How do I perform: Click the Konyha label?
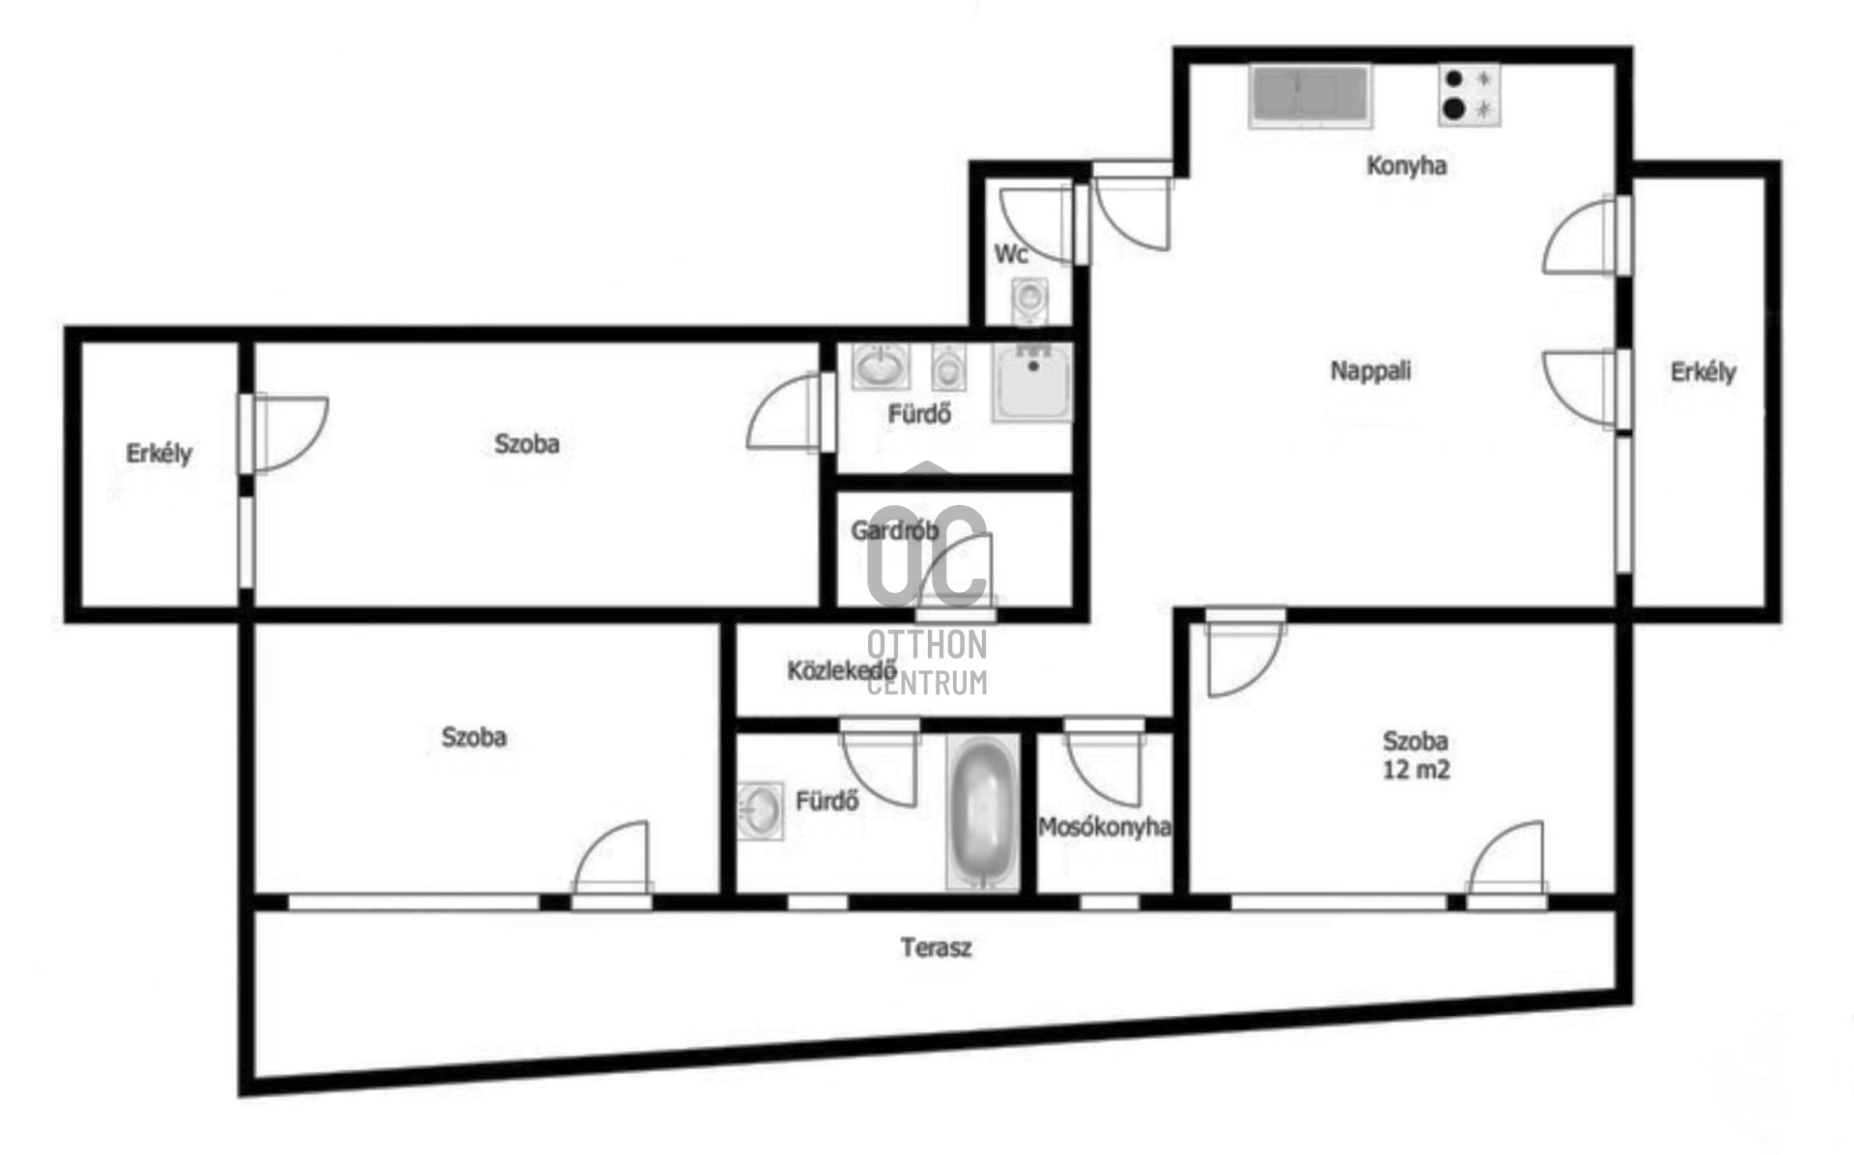tap(1406, 166)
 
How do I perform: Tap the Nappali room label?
tap(1370, 371)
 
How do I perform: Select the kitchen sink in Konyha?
tap(1308, 96)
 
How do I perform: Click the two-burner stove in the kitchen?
tap(1468, 95)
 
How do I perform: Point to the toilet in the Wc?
tap(1029, 299)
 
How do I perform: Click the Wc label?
tap(1011, 254)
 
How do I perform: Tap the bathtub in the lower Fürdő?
tap(983, 812)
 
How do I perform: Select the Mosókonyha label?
tap(1105, 828)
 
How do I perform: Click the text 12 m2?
tap(1416, 771)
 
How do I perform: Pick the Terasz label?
tap(936, 947)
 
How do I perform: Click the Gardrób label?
tap(894, 530)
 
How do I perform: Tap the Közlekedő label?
tap(841, 670)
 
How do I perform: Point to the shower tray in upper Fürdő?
tap(1032, 382)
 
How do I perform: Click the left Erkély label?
tap(159, 453)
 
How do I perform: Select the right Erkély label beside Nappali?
tap(1702, 372)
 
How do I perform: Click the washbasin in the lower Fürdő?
tap(761, 809)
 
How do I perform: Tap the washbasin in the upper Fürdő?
tap(880, 366)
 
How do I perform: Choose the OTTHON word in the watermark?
tap(926, 644)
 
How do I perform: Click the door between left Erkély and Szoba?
tap(284, 433)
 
